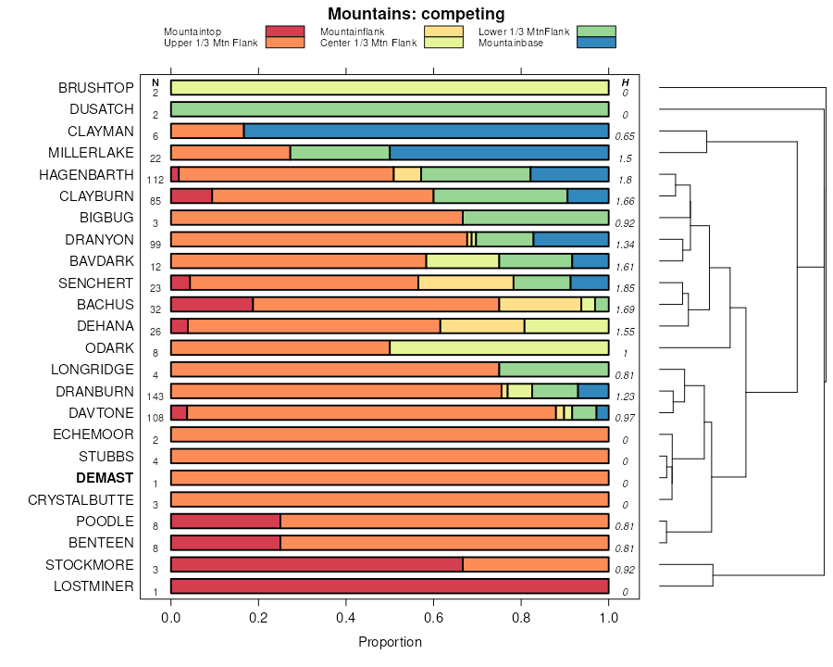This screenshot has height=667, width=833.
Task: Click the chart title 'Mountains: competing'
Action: point(416,14)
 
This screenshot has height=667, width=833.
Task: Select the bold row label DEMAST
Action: point(105,478)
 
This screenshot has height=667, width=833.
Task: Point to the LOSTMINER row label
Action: point(93,586)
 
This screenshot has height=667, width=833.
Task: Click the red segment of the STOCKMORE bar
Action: point(317,564)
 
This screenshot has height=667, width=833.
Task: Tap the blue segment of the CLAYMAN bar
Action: point(426,131)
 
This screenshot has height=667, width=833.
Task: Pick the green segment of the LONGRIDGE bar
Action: point(553,370)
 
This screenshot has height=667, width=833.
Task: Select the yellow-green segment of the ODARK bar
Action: point(499,347)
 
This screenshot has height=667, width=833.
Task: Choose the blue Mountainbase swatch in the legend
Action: point(595,43)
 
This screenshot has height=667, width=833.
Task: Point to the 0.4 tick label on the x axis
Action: point(346,616)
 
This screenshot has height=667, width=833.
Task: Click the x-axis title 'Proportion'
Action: point(390,642)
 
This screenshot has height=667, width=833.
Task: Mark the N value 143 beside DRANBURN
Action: point(155,396)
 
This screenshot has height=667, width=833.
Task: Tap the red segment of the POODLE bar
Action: point(226,521)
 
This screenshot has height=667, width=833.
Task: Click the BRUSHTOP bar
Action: point(390,87)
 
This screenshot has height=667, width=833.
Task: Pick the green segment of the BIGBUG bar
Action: point(535,218)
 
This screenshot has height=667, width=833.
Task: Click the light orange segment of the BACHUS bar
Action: point(540,304)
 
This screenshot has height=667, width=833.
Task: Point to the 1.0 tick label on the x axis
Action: point(608,616)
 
